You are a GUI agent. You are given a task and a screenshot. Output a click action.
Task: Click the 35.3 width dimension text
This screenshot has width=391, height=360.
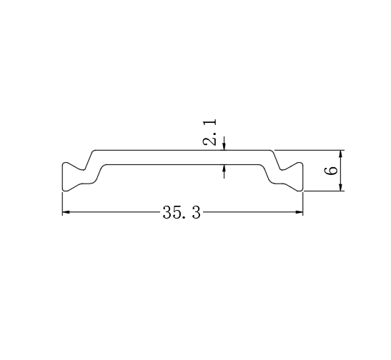pyautogui.click(x=182, y=213)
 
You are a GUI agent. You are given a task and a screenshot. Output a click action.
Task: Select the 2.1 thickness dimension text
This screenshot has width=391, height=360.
pyautogui.click(x=209, y=132)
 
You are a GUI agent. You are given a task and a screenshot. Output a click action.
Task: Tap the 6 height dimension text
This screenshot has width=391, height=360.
pyautogui.click(x=331, y=171)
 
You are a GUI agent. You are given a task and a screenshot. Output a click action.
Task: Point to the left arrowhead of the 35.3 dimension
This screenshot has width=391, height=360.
pyautogui.click(x=66, y=212)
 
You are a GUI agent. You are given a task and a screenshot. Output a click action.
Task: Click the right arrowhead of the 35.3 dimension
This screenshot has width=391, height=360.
pyautogui.click(x=300, y=212)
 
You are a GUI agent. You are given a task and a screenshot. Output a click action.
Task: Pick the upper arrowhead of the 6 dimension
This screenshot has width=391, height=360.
pyautogui.click(x=341, y=154)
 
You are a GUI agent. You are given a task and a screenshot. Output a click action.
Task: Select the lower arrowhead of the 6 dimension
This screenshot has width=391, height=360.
pyautogui.click(x=341, y=187)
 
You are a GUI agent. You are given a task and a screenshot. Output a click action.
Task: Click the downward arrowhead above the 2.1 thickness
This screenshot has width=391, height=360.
pyautogui.click(x=224, y=146)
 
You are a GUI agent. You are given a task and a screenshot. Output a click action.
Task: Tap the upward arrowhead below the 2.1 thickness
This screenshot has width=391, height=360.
pyautogui.click(x=224, y=169)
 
